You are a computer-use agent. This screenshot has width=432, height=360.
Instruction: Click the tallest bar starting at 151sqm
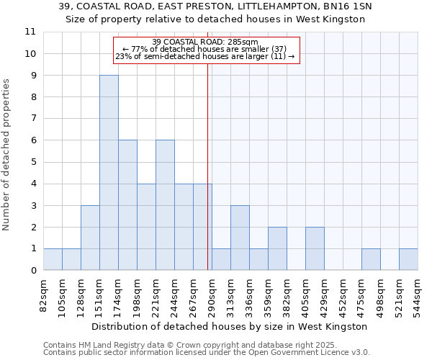coord(109,173)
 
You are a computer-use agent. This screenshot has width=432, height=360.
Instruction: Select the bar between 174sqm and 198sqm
coord(127,205)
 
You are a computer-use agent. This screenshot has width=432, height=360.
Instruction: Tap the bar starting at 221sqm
coord(165,205)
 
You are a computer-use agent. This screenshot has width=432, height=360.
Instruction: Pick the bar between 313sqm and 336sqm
coord(240,238)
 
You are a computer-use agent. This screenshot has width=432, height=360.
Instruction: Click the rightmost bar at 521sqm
coord(408,259)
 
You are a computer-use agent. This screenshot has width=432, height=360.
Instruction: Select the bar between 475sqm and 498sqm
coord(371,259)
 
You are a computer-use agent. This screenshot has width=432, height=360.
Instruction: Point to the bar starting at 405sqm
coord(315,248)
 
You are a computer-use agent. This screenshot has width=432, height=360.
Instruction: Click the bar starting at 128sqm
coord(90,238)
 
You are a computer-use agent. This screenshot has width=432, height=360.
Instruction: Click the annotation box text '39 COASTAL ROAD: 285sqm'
coord(205,42)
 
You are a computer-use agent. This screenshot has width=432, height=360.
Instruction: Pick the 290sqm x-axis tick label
coord(212,294)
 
